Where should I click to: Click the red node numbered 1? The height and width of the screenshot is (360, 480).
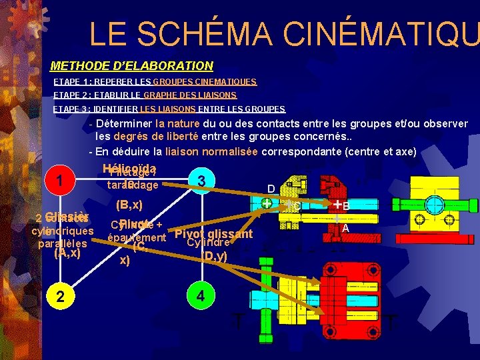click(61, 181)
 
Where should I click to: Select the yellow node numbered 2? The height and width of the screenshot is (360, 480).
click(61, 297)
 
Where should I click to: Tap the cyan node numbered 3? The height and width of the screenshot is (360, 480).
click(201, 181)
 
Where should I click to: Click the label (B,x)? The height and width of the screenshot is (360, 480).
click(129, 203)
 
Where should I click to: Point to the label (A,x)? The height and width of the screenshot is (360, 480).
click(67, 253)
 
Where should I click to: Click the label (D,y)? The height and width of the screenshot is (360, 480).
click(215, 255)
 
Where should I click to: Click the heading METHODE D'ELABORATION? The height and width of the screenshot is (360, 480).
click(132, 66)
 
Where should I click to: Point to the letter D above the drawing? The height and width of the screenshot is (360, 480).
click(271, 189)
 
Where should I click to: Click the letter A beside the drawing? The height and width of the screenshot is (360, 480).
click(345, 227)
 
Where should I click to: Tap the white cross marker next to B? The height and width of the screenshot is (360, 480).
click(337, 204)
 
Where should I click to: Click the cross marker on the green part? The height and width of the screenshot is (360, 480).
click(267, 203)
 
